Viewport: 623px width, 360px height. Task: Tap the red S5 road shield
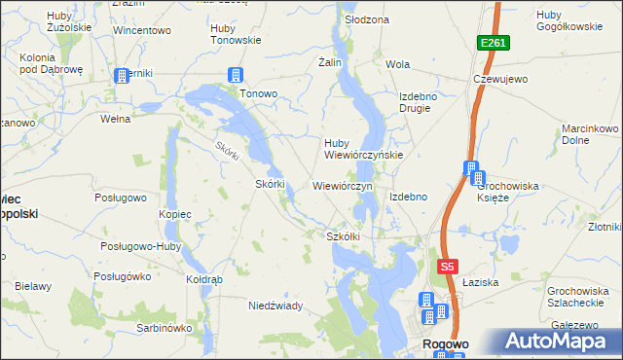tap(447, 267)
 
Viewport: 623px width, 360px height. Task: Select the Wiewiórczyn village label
tap(342, 184)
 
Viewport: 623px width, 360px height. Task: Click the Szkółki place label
tap(344, 235)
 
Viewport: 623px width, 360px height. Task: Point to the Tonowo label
tap(259, 94)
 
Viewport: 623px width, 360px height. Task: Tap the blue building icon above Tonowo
tap(235, 75)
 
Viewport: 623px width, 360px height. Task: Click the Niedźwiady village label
tap(275, 306)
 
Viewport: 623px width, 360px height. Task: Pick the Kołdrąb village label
tap(204, 279)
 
